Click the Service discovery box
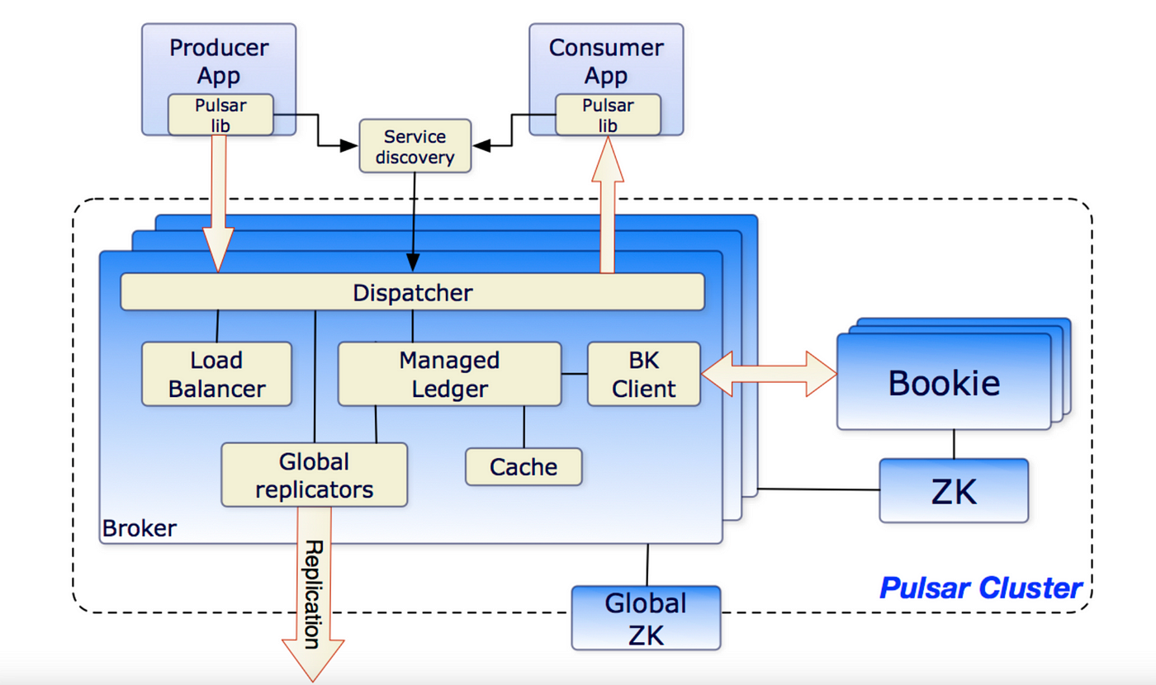click(415, 146)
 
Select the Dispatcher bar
click(412, 292)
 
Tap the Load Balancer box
click(216, 374)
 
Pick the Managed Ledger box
click(449, 374)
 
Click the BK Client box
click(644, 374)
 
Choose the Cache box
click(524, 467)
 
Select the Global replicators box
click(315, 475)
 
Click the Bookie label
click(944, 383)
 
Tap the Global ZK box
click(646, 618)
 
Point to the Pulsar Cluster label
click(981, 588)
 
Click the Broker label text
click(140, 528)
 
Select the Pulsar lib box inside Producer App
click(220, 115)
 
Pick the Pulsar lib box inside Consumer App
click(608, 115)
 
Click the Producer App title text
click(219, 61)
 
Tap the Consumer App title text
click(606, 61)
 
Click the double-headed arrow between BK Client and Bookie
click(769, 374)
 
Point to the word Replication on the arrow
click(313, 594)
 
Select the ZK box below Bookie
click(954, 490)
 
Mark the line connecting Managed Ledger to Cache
click(524, 427)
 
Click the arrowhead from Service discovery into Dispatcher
click(413, 262)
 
